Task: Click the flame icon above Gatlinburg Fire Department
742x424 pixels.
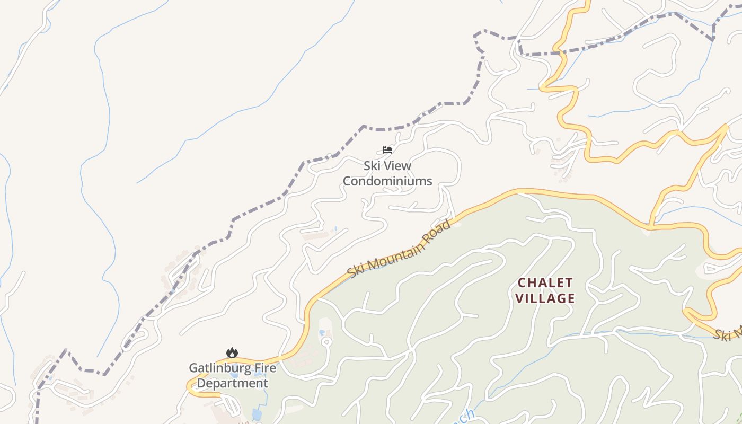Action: tap(232, 352)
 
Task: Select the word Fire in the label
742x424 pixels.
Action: tap(264, 368)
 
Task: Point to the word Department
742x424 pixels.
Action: tap(232, 383)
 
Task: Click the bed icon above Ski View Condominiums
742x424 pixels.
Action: tap(387, 150)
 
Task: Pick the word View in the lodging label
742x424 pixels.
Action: tap(396, 166)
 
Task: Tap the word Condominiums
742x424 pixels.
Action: tap(387, 181)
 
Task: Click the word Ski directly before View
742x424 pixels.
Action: tap(372, 166)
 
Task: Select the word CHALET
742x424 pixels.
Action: tap(545, 282)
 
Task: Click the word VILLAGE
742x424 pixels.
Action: tap(545, 298)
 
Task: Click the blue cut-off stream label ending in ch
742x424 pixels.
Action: tap(465, 417)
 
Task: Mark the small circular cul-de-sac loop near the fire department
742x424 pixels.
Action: tap(326, 342)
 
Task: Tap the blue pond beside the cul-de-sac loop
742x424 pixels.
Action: tap(322, 333)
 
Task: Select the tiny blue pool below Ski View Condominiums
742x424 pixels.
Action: tap(335, 229)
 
